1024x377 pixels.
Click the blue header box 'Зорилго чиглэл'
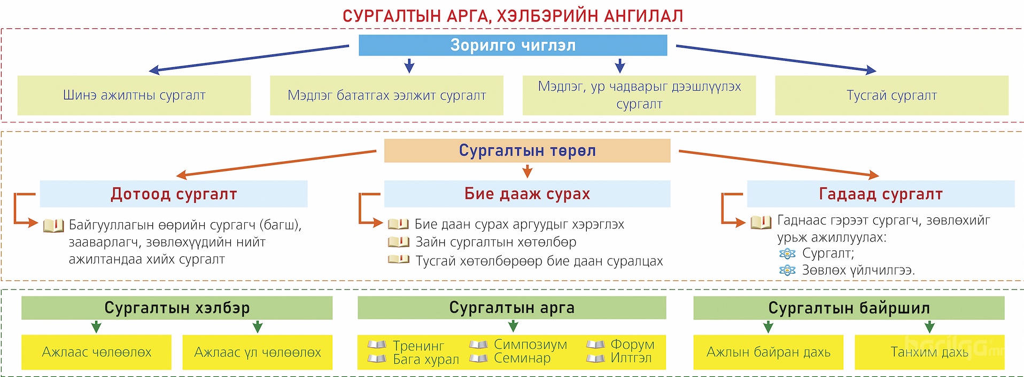[x=513, y=45]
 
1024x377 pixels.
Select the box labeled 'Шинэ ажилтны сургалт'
[x=134, y=96]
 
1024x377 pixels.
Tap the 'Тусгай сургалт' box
[x=891, y=96]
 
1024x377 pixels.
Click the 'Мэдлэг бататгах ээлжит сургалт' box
[x=386, y=96]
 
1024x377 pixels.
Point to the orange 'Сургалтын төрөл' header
[x=527, y=151]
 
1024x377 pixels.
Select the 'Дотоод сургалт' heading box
[x=174, y=194]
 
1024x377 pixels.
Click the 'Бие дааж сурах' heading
[x=527, y=194]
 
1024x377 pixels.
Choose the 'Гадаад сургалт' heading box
[x=880, y=194]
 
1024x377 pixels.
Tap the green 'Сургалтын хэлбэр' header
[x=177, y=308]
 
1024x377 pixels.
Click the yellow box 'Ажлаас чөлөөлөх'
[x=96, y=352]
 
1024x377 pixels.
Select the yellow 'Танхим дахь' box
[x=929, y=352]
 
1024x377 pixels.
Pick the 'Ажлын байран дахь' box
[x=768, y=352]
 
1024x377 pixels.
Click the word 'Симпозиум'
[x=530, y=344]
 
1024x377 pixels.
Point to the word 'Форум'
[x=632, y=344]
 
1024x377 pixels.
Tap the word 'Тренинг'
[x=418, y=345]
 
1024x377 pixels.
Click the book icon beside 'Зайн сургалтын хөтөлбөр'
[x=398, y=242]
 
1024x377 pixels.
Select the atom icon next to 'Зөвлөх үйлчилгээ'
[x=787, y=270]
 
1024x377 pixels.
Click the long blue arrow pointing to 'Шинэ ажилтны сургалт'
[x=249, y=58]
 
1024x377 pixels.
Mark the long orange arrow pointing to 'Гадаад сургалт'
[x=778, y=163]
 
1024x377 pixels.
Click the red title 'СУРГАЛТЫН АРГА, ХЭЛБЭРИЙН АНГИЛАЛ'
[x=513, y=16]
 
